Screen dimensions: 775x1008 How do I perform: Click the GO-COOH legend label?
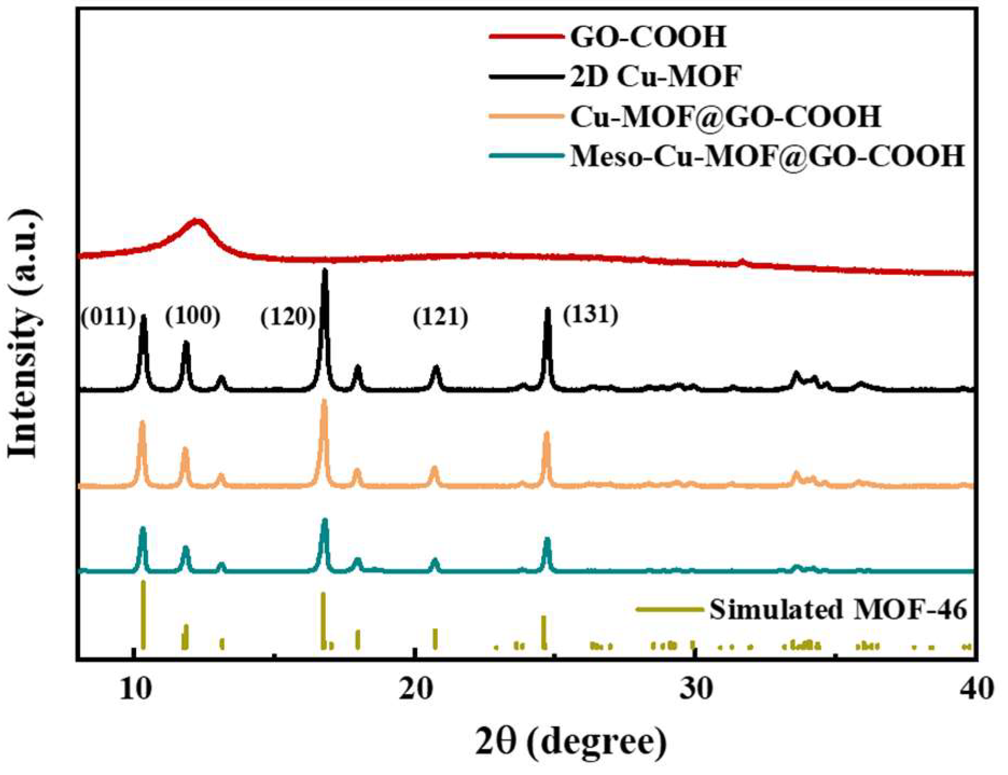(x=648, y=37)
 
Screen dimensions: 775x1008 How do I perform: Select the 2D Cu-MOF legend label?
(x=655, y=77)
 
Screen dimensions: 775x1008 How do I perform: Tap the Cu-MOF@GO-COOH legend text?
(x=725, y=117)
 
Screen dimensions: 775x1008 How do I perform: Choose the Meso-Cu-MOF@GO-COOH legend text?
(x=767, y=157)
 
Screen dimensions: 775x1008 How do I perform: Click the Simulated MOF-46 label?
(x=838, y=610)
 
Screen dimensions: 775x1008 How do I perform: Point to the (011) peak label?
(x=108, y=317)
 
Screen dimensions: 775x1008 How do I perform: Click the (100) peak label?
(x=193, y=316)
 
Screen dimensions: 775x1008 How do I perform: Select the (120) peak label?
(x=288, y=317)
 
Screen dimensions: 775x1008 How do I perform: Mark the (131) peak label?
(x=590, y=315)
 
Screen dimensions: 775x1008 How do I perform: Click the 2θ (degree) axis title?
(x=571, y=743)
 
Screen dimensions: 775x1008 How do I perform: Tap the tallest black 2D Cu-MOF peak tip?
(x=325, y=270)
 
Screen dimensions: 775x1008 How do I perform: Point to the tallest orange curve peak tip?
(x=324, y=401)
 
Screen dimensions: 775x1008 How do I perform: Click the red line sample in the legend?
(x=525, y=37)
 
